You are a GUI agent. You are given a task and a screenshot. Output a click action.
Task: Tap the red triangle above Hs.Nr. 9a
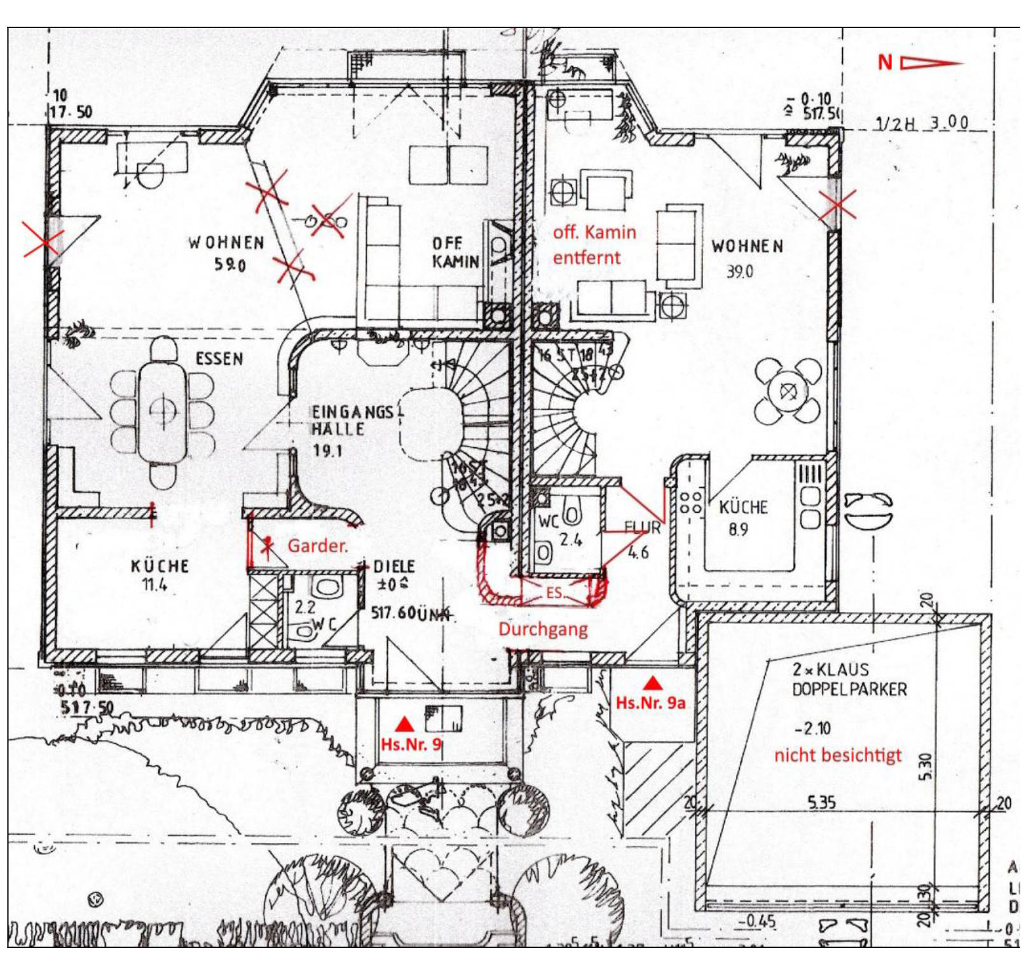[x=653, y=684]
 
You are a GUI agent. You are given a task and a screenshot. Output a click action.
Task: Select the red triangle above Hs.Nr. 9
[x=404, y=724]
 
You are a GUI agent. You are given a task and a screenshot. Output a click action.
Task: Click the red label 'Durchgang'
[x=543, y=629]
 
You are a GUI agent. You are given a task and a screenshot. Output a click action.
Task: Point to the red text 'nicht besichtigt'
[x=837, y=755]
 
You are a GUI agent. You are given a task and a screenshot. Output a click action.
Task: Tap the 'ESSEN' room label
[x=219, y=359]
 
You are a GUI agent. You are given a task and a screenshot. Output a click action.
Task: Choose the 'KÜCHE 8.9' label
[x=742, y=517]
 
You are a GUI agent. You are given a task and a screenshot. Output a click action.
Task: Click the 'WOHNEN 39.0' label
[x=747, y=256]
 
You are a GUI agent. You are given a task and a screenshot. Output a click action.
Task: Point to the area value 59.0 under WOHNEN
[x=229, y=263]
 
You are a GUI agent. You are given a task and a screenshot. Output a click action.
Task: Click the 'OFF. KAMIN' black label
[x=455, y=253]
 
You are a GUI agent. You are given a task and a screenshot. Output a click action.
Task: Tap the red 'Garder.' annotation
[x=318, y=545]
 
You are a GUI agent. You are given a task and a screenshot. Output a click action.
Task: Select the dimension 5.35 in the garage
[x=821, y=802]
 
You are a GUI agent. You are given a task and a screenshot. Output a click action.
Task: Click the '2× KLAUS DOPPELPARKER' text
[x=849, y=679]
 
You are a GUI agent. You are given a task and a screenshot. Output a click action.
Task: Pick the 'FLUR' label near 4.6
[x=642, y=527]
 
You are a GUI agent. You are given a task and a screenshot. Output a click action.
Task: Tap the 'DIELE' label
[x=394, y=566]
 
